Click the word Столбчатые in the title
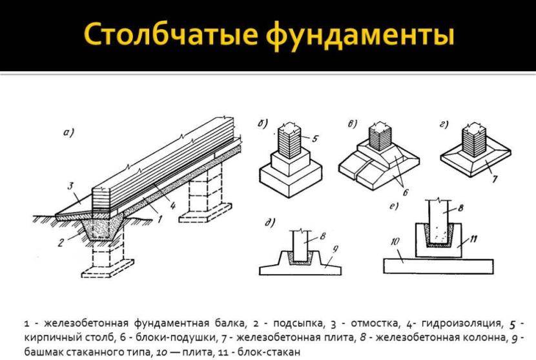tap(170, 34)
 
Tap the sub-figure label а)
tap(68, 132)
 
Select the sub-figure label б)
tap(263, 123)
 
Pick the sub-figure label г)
tap(444, 125)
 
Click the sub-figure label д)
tap(270, 223)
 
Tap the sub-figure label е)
tap(394, 206)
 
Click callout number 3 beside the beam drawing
tap(71, 187)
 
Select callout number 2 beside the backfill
tap(61, 242)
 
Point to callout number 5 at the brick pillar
tap(315, 138)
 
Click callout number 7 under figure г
tap(495, 178)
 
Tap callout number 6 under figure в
tap(406, 193)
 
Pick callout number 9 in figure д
tap(335, 249)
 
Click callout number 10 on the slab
tap(395, 242)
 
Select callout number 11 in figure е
tap(473, 238)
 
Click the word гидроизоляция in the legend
tap(462, 323)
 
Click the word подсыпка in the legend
tap(298, 323)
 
